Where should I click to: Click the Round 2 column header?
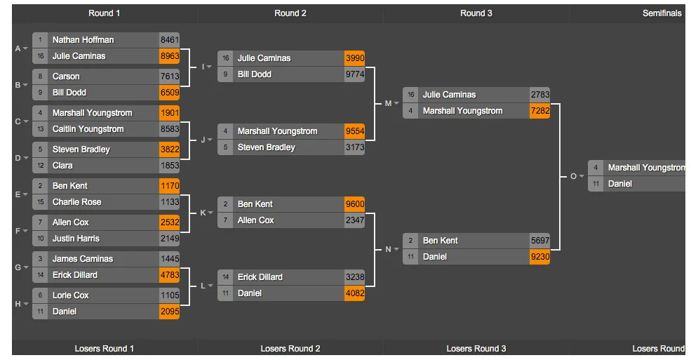[290, 13]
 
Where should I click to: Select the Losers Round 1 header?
[104, 349]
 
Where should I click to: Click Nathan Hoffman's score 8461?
[169, 40]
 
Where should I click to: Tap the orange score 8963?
[169, 56]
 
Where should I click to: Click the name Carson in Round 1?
[66, 76]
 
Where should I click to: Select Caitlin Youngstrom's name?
[88, 129]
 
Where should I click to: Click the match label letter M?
[388, 103]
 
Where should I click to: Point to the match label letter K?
[203, 213]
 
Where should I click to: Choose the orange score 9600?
[354, 204]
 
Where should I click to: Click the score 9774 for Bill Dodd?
[354, 74]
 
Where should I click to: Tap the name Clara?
[62, 166]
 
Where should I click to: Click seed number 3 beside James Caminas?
[41, 259]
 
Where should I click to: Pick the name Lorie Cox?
[70, 295]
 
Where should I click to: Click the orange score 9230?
[539, 257]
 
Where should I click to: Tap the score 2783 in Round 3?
[539, 95]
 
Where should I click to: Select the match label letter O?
[573, 176]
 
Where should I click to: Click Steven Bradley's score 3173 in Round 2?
[354, 147]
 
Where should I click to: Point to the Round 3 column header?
[476, 13]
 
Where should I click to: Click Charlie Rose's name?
[76, 202]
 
